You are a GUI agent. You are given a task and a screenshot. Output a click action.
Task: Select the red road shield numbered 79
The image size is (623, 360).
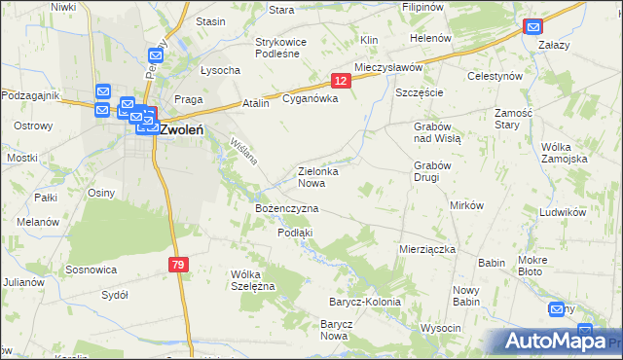click(x=177, y=265)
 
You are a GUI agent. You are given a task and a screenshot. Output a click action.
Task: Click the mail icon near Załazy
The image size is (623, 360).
click(x=532, y=26)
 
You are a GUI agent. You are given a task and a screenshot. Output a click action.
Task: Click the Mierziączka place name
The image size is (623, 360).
click(x=427, y=249)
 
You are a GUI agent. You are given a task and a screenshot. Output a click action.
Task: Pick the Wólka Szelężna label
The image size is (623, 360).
click(x=253, y=279)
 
